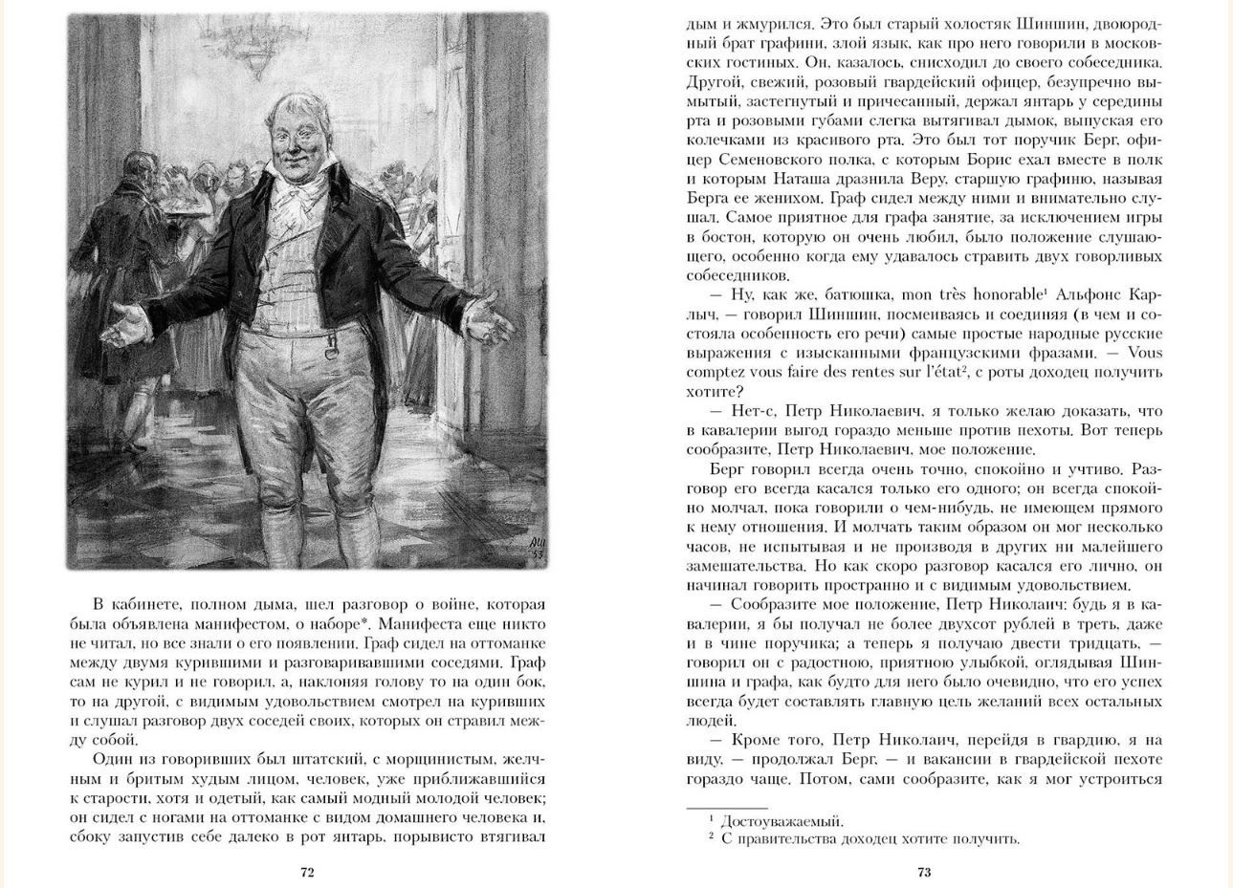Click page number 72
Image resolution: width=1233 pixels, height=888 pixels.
pyautogui.click(x=307, y=872)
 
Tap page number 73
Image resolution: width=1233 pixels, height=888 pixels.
pyautogui.click(x=924, y=872)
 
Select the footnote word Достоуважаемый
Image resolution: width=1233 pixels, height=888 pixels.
pyautogui.click(x=782, y=820)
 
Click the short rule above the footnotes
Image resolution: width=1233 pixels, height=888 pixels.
pyautogui.click(x=726, y=809)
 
